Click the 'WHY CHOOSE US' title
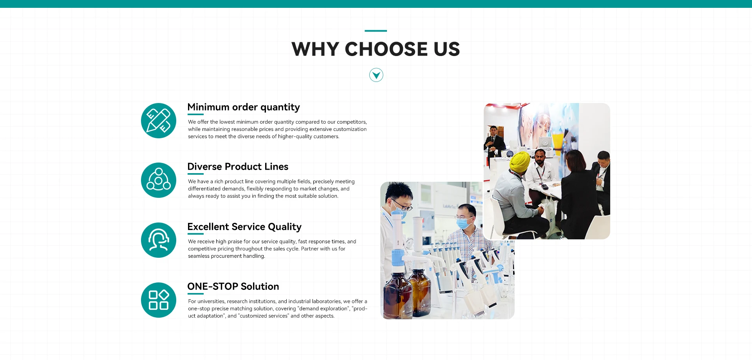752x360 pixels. [376, 49]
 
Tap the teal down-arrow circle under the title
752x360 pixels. [376, 75]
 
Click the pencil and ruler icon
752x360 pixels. [159, 121]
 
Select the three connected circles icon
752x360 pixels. [159, 180]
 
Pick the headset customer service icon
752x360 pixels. [159, 240]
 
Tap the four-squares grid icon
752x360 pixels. [159, 300]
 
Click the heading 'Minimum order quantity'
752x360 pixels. [244, 107]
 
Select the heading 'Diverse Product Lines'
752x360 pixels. [238, 166]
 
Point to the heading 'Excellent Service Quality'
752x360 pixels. [244, 227]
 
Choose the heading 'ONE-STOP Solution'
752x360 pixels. [233, 286]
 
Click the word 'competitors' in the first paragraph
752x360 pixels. [352, 122]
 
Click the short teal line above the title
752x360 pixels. [376, 31]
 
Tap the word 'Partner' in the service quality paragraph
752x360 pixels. [310, 249]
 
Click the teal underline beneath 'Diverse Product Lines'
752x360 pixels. [195, 174]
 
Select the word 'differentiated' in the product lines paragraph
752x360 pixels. [204, 189]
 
